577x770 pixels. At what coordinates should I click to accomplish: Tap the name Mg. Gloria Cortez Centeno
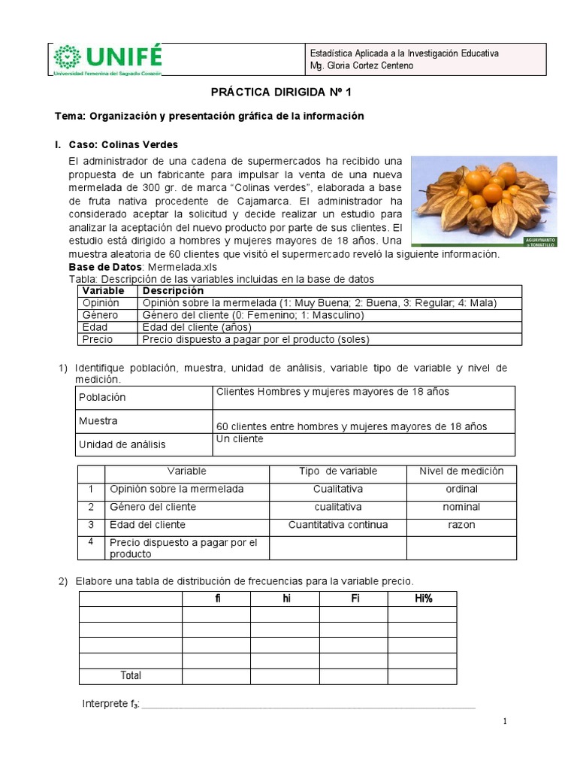click(361, 66)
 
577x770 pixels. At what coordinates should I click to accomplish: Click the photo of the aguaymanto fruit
click(484, 201)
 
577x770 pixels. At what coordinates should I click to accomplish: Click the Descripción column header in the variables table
click(173, 291)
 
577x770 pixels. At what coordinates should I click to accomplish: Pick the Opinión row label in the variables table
click(101, 303)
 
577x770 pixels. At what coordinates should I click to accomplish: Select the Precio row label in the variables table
click(98, 339)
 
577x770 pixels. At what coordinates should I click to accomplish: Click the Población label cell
click(102, 397)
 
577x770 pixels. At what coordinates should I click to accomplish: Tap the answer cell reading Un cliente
click(240, 439)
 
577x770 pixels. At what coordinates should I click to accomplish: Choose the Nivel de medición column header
click(461, 471)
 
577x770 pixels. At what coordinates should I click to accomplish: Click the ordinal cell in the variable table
click(461, 490)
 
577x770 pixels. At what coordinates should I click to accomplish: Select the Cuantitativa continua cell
click(338, 525)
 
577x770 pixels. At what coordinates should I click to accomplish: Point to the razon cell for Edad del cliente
click(461, 525)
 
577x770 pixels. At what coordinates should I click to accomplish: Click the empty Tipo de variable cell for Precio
click(338, 548)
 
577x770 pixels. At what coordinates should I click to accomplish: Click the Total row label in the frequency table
click(131, 676)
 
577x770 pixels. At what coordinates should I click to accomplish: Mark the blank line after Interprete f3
click(308, 705)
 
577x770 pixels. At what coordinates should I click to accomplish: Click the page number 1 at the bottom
click(506, 722)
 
